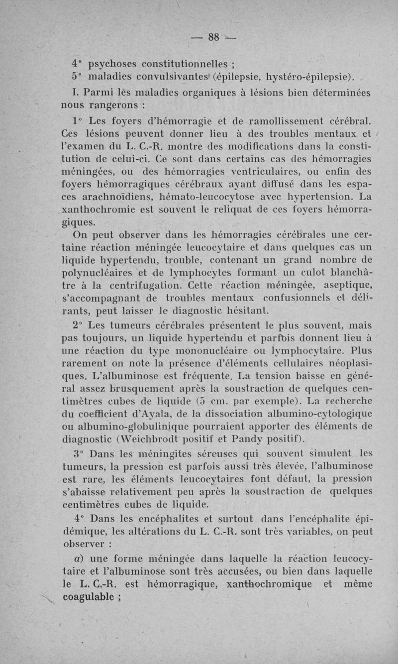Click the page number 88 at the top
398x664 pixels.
pos(214,37)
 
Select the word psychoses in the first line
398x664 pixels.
pos(112,65)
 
